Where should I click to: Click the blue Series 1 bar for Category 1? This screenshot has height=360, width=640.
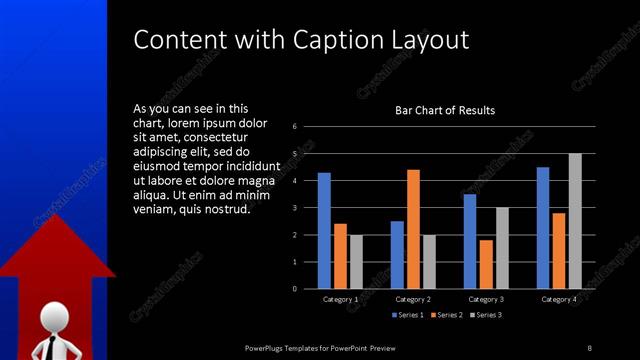(324, 230)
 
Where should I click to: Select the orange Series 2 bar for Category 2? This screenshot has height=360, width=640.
(413, 228)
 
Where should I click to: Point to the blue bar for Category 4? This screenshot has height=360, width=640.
(543, 227)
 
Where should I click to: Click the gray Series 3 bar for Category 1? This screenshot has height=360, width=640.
(356, 261)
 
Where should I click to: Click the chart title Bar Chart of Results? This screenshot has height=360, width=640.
(445, 110)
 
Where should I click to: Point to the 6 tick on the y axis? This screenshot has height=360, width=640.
(295, 127)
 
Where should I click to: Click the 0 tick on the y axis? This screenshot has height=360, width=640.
(295, 288)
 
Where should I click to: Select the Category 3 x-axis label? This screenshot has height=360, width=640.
(485, 299)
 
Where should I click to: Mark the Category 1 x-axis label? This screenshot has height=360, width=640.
(340, 299)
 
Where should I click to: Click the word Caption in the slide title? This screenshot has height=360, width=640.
(335, 40)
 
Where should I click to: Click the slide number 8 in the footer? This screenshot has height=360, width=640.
(589, 347)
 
